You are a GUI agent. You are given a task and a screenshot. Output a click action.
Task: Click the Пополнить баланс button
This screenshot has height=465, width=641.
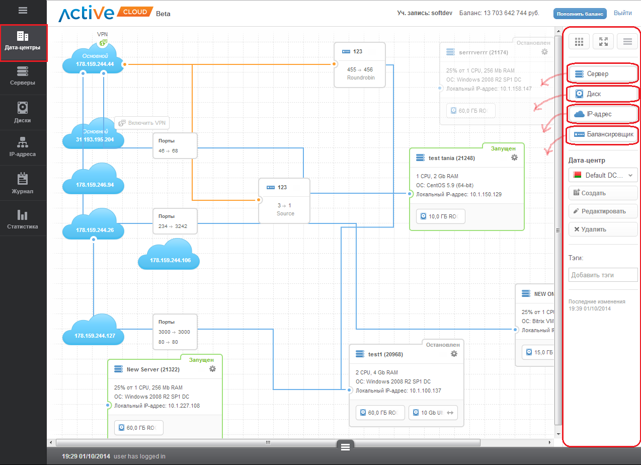580,14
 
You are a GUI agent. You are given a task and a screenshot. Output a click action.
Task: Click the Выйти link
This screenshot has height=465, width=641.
622,13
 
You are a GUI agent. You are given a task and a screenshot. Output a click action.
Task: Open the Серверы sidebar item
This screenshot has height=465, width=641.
23,76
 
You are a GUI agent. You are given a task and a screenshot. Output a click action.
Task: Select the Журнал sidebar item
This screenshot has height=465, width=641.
23,184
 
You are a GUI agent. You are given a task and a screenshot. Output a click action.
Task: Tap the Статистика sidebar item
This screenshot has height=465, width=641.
23,219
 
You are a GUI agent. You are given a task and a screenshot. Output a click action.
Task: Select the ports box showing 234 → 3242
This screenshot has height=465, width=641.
175,221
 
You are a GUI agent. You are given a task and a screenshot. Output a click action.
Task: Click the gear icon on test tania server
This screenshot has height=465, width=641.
514,158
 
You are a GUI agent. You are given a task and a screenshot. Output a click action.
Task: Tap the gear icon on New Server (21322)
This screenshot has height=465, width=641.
212,369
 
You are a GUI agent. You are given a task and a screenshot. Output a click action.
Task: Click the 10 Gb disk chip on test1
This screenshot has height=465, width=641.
433,413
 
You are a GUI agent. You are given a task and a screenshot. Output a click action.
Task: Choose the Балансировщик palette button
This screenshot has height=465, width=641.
603,135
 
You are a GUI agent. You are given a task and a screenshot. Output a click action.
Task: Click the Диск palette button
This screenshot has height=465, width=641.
603,94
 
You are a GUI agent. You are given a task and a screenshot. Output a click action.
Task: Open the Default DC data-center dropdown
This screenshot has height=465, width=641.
603,175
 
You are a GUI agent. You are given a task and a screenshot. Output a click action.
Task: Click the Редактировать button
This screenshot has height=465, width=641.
603,211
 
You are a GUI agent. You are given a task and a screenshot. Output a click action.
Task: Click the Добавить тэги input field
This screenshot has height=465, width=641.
603,275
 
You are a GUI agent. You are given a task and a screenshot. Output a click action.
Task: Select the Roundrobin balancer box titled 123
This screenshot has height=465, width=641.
360,65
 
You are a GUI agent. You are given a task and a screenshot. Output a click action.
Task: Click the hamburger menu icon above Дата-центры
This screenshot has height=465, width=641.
23,10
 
